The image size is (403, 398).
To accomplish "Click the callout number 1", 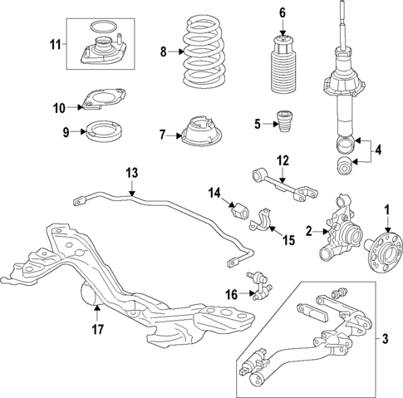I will [386, 208].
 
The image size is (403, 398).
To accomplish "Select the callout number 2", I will [307, 231].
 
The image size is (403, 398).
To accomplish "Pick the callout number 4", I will [379, 151].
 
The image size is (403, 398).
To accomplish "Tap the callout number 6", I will [282, 12].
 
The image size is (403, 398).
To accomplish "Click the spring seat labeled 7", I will [197, 133].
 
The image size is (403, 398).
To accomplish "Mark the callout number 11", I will [57, 42].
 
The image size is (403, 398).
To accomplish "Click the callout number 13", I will [130, 173].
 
